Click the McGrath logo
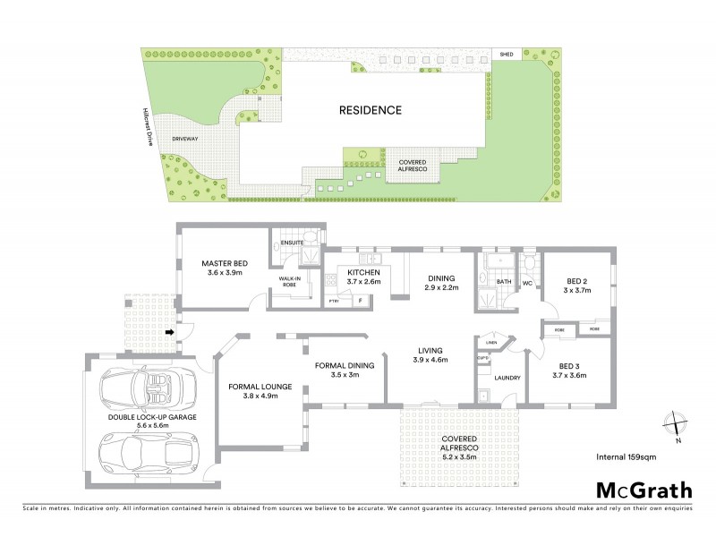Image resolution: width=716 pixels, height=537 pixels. coord(644,490)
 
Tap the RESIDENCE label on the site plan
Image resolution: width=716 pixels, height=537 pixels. coord(370,111)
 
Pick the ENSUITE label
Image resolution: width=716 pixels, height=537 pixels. coord(293,243)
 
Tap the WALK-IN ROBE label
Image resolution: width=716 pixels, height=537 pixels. coord(289,282)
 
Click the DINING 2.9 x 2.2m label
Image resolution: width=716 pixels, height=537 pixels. coord(441,281)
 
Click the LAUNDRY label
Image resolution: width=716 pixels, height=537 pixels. coord(507,379)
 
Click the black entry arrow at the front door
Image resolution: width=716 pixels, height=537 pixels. coord(169,335)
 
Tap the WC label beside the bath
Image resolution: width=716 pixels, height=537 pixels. coord(527,284)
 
